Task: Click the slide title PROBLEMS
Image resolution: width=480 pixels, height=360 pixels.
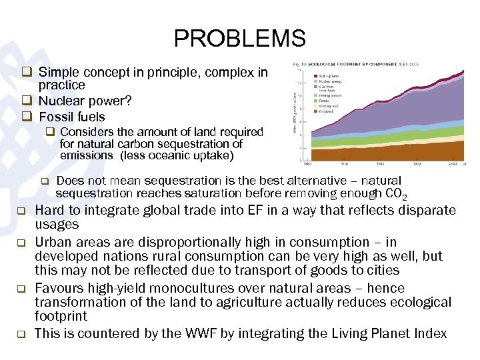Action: (x=239, y=38)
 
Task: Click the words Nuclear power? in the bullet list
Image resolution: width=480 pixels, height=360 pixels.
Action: (x=85, y=101)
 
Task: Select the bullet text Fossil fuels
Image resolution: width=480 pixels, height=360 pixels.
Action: (x=71, y=117)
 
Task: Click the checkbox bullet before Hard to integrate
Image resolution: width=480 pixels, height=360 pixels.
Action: (x=21, y=211)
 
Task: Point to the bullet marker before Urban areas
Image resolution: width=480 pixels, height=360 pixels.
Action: (x=21, y=243)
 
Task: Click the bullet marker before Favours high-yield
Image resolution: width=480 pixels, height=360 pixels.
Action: (x=21, y=289)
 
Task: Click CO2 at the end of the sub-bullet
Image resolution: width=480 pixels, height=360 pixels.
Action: (x=395, y=194)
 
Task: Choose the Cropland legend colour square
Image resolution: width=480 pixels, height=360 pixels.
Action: (x=315, y=111)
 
